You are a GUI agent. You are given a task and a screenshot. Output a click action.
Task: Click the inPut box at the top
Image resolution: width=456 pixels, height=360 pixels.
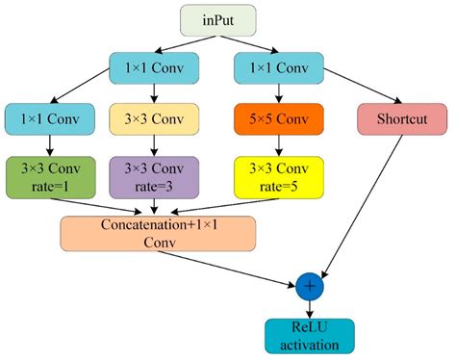(x=227, y=20)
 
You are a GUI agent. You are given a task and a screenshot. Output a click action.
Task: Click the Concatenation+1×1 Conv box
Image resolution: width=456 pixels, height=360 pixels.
(x=159, y=234)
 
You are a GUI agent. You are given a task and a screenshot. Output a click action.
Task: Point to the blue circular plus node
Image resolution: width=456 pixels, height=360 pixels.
(x=310, y=286)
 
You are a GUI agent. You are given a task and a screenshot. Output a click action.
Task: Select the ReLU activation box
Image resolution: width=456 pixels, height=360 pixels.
(x=310, y=333)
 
